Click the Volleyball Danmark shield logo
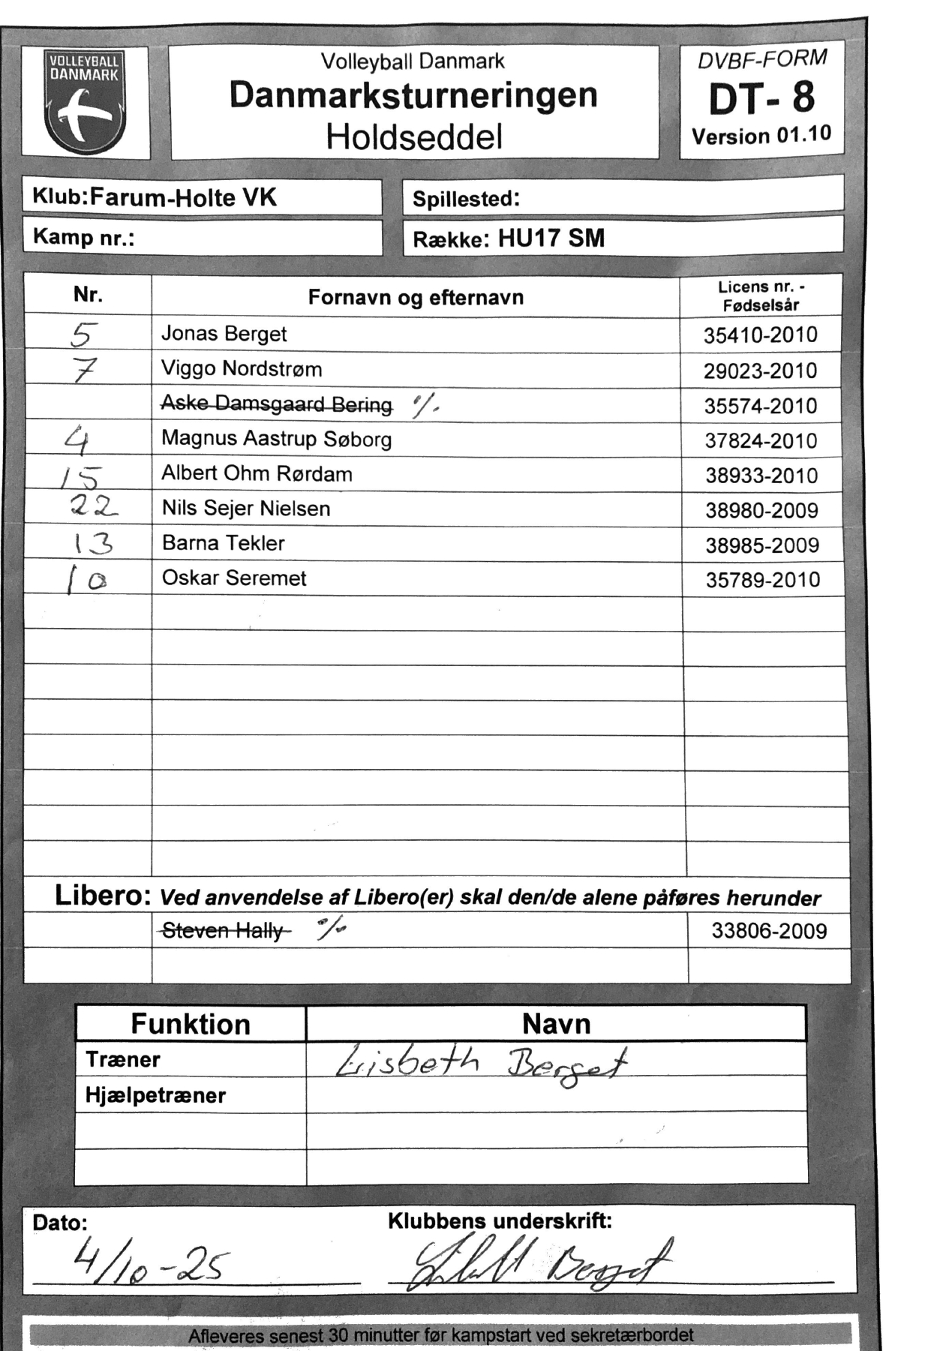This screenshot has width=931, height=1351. [x=85, y=102]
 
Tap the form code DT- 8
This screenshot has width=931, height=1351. [x=761, y=98]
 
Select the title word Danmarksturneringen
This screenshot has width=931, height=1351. [x=413, y=95]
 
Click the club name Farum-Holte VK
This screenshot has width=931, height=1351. [x=184, y=197]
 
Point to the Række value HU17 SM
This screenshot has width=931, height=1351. [x=551, y=239]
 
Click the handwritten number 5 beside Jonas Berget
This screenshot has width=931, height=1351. [x=84, y=335]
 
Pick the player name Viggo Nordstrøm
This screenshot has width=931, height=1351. [x=242, y=369]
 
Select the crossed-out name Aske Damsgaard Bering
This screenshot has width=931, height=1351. [x=276, y=404]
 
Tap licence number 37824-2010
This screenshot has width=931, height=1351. [x=761, y=441]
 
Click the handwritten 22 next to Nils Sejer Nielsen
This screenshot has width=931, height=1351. [x=95, y=508]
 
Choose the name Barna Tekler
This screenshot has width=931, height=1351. [x=224, y=543]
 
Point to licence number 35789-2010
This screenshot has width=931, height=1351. [x=763, y=580]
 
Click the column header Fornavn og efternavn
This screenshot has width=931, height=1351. [x=416, y=298]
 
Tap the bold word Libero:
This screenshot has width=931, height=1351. [x=104, y=895]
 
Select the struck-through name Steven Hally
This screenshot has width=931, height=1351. [x=223, y=931]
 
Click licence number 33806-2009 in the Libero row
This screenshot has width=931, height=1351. [x=769, y=932]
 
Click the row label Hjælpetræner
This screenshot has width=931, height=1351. [x=155, y=1096]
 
